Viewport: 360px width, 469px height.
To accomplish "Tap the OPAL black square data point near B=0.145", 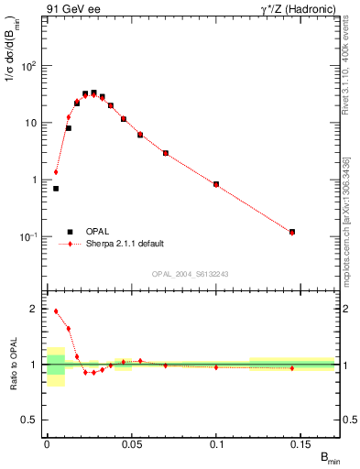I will (292, 232).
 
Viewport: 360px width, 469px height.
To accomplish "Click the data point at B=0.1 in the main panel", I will (216, 184).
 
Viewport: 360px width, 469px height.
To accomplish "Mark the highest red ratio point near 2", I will (56, 311).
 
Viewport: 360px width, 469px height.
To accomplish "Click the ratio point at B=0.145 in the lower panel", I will (292, 368).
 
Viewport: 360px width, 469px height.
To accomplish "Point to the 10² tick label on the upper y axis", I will (27, 66).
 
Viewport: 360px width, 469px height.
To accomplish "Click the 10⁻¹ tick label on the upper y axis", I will (27, 236).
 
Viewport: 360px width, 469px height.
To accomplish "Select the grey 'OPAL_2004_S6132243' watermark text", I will (189, 272).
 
